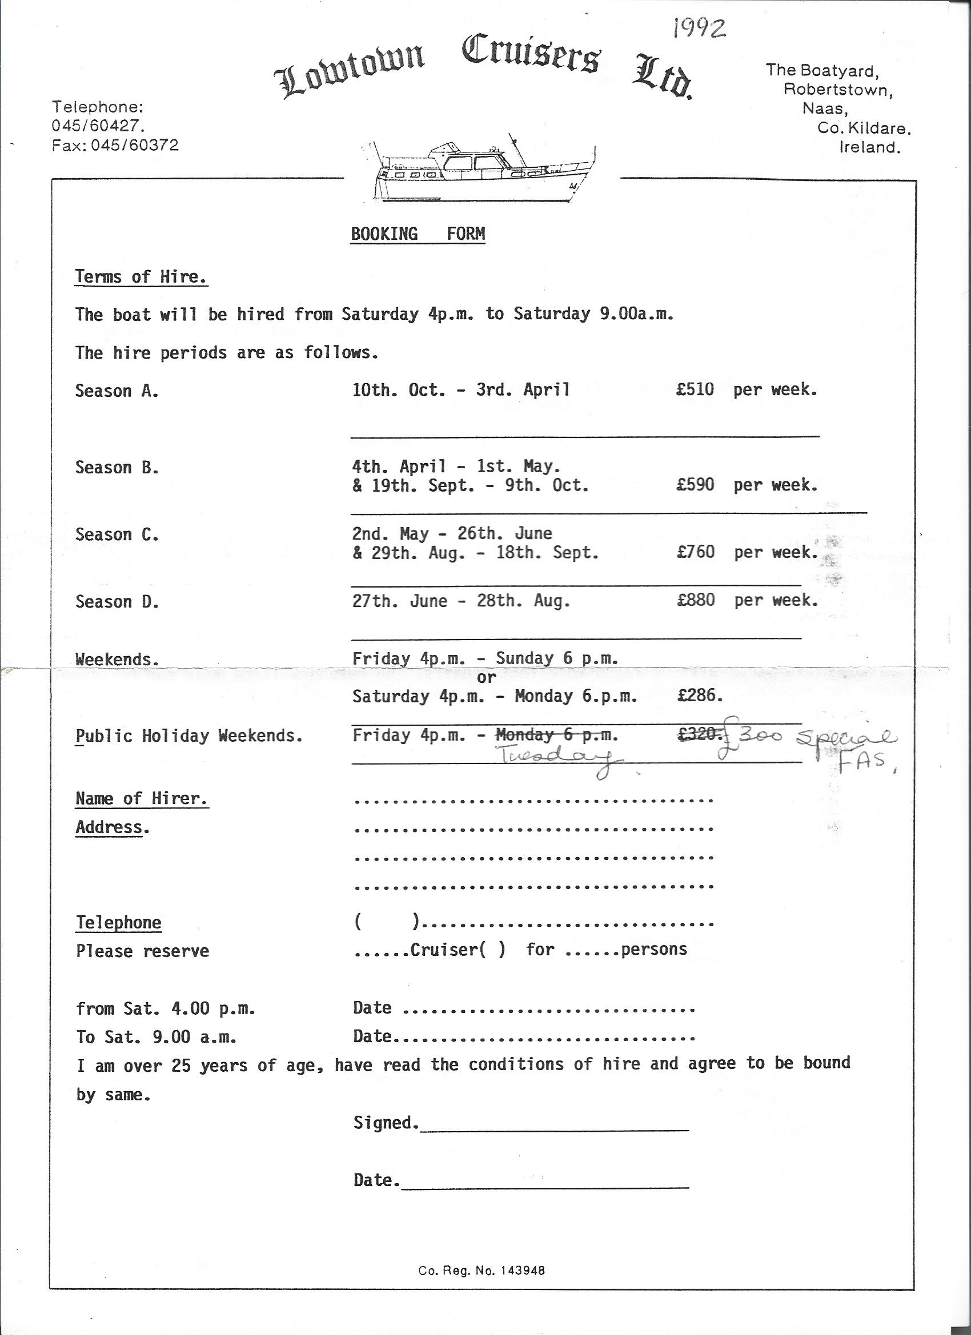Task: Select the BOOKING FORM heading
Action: click(418, 234)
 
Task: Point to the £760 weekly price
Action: click(696, 552)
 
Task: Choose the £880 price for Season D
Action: click(696, 600)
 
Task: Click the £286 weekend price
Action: click(699, 695)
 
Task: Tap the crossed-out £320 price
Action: click(699, 735)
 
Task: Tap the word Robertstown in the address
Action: click(837, 91)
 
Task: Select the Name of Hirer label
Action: click(141, 799)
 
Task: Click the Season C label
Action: click(117, 535)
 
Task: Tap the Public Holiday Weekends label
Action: click(188, 736)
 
